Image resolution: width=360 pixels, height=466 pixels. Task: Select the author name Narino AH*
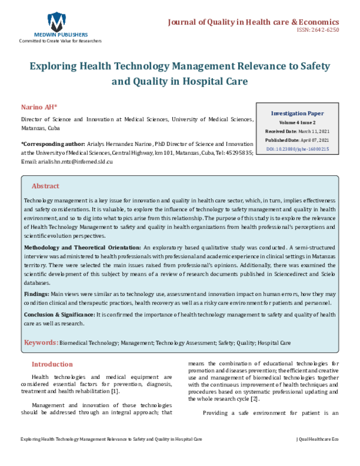[39, 106]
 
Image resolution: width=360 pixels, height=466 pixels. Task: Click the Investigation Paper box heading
[297, 113]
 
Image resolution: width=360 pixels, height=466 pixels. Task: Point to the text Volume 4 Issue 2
[297, 122]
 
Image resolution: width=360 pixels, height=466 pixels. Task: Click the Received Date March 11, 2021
[297, 131]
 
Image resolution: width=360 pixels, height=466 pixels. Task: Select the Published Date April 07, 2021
[297, 139]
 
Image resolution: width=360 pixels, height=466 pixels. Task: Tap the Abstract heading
[46, 186]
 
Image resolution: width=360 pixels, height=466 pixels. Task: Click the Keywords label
[40, 343]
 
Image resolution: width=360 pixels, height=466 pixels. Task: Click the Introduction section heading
[52, 364]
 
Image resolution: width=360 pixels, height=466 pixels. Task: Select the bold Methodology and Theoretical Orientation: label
[82, 247]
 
